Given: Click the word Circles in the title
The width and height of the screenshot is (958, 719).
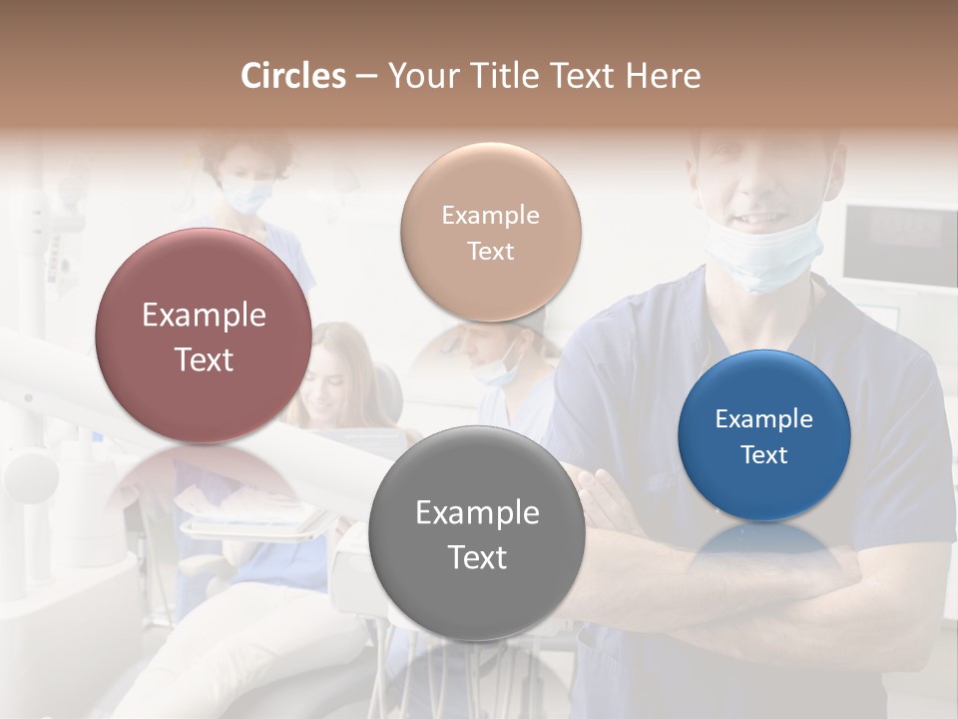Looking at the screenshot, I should (292, 76).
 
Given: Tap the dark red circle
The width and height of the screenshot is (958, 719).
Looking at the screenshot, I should (204, 336).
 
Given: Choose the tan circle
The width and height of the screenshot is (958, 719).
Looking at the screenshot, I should (490, 233).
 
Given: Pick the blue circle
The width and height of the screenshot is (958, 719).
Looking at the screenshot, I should (764, 436).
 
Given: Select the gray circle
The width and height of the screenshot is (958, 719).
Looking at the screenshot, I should (477, 533).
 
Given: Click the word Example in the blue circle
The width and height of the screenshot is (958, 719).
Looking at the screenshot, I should (764, 419).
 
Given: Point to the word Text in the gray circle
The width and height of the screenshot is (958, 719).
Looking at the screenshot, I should (477, 557).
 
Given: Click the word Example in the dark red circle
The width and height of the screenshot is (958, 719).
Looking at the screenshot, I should (204, 316).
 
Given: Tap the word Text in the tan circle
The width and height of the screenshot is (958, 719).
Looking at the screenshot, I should (490, 251).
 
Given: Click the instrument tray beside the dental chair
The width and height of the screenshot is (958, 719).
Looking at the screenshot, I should (254, 519).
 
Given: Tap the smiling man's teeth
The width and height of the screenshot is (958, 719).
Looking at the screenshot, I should (760, 216).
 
